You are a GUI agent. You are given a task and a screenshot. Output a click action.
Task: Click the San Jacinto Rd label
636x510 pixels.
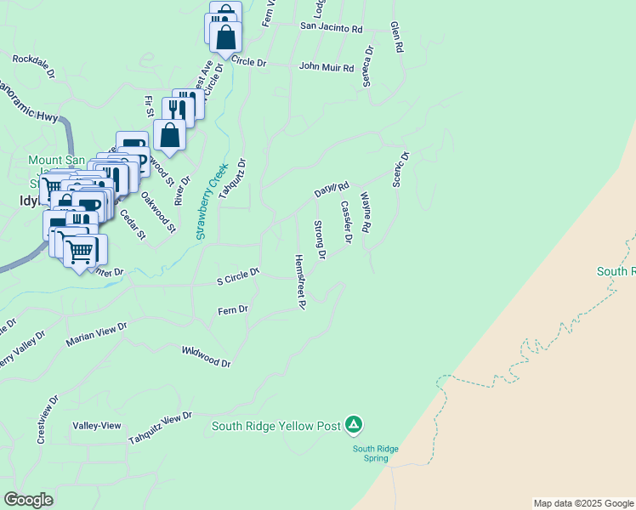[x=331, y=27]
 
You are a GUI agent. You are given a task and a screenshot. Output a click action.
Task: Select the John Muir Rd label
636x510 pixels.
[x=326, y=66]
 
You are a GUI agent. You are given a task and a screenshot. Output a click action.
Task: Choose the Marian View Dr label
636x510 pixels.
[x=96, y=334]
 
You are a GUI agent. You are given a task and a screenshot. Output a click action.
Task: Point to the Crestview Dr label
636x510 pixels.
[x=46, y=418]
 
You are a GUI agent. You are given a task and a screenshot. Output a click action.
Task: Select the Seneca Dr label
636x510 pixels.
[x=368, y=66]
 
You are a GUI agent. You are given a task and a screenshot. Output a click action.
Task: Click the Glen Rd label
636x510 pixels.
[x=395, y=37]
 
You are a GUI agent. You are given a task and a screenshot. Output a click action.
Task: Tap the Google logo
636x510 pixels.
[x=28, y=500]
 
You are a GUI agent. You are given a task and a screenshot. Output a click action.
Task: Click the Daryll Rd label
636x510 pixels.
[x=332, y=190]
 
